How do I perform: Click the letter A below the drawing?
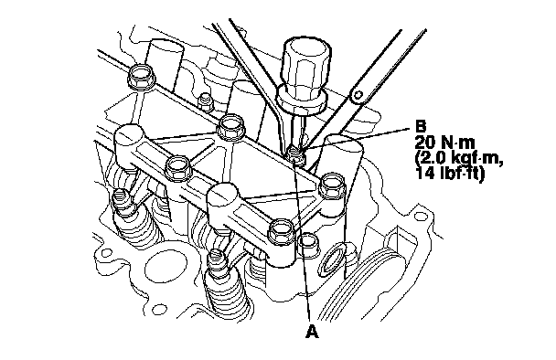312,332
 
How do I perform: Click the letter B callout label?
420,126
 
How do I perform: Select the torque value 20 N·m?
444,143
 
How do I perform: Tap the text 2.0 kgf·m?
459,158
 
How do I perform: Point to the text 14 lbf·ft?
450,174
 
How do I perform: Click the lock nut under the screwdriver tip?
295,155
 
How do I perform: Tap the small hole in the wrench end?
358,95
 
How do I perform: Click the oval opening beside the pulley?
330,260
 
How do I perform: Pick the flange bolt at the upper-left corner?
142,77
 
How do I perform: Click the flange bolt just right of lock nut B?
333,185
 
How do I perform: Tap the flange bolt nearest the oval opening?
282,231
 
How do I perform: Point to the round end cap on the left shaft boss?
128,136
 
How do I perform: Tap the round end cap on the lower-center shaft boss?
221,195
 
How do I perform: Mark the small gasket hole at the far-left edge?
106,253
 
